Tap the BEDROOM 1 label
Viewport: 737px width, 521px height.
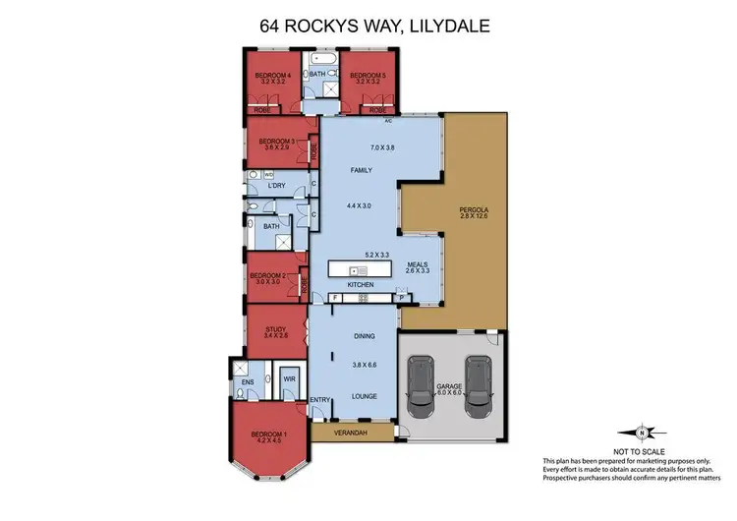click(x=269, y=434)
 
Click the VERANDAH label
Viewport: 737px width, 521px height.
click(x=350, y=432)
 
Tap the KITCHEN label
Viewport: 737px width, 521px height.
click(x=361, y=284)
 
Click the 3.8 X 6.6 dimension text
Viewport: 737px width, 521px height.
click(x=363, y=363)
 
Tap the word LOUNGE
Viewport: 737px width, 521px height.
click(x=364, y=397)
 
